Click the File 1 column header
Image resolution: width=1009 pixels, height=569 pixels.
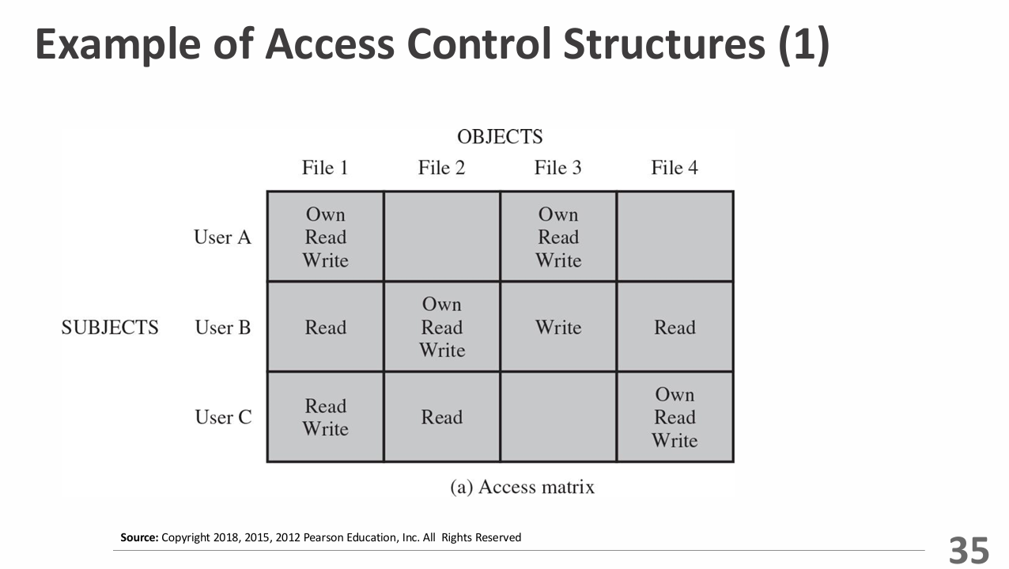[x=324, y=168]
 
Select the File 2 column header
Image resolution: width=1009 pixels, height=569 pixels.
[x=441, y=168]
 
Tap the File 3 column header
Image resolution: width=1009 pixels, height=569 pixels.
[x=557, y=168]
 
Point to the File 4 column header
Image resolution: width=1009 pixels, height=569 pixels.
[x=675, y=168]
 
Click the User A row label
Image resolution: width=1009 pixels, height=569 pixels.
[x=222, y=237]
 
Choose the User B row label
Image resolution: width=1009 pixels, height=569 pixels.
[x=222, y=328]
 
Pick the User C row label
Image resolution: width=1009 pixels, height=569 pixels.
[x=223, y=417]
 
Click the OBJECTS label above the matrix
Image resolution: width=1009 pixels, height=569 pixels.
[x=500, y=137]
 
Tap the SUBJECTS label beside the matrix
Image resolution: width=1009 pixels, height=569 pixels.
[x=110, y=328]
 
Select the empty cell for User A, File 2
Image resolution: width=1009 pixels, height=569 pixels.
[x=442, y=237]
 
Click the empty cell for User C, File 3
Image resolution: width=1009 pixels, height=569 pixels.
[x=558, y=417]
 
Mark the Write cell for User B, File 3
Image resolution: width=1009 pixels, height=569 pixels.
[x=558, y=328]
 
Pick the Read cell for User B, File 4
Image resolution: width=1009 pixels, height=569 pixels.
[x=675, y=328]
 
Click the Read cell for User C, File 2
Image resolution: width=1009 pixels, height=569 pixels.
[x=442, y=417]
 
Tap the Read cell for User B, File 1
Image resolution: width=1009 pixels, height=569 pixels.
[x=326, y=328]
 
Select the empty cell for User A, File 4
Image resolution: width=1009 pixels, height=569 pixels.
[x=675, y=237]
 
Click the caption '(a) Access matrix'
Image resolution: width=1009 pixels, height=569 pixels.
[x=522, y=487]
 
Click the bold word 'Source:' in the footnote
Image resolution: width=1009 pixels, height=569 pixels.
[x=139, y=538]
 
